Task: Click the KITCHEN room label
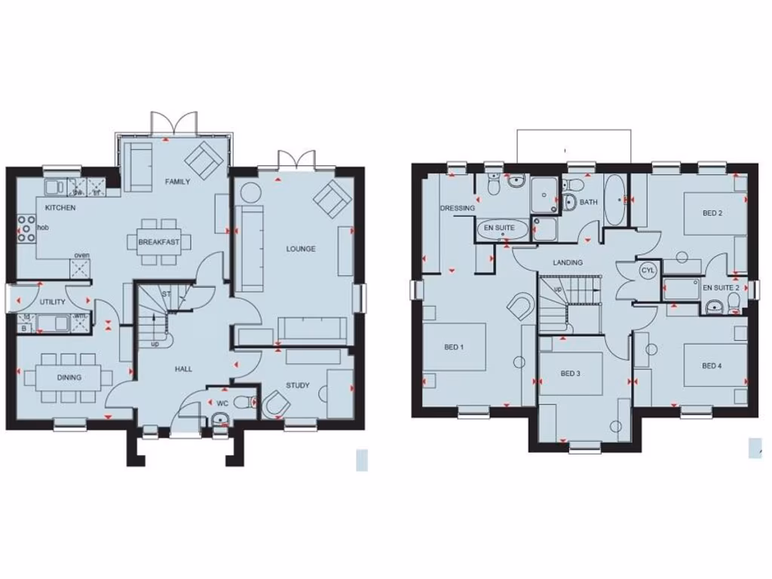[x=60, y=207]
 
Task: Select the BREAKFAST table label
[x=159, y=242]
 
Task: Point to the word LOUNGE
[x=300, y=249]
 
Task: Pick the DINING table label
[x=69, y=377]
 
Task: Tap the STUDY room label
[x=298, y=385]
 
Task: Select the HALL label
[x=182, y=369]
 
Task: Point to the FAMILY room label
[x=178, y=182]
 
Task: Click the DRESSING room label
[x=458, y=208]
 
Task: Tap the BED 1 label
[x=453, y=347]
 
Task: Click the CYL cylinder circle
[x=648, y=271]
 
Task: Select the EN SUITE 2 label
[x=721, y=288]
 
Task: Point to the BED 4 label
[x=712, y=366]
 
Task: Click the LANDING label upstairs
[x=567, y=262]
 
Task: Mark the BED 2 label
[x=712, y=213]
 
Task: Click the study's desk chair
[x=276, y=406]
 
